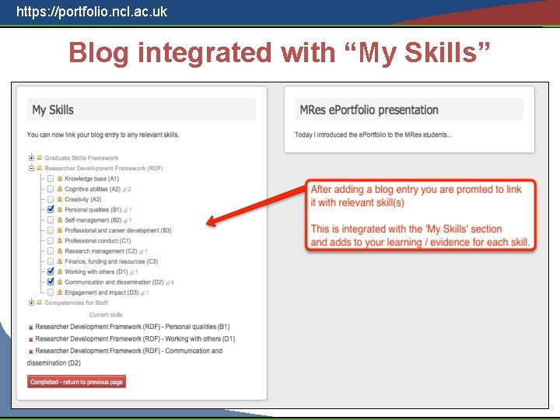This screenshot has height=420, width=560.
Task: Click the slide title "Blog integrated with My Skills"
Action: [280, 53]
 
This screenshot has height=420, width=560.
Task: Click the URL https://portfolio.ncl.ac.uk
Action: [92, 12]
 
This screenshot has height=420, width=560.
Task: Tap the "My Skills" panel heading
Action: [53, 110]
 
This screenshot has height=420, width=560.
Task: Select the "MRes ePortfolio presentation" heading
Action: [369, 110]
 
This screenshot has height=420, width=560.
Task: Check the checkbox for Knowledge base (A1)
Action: [51, 179]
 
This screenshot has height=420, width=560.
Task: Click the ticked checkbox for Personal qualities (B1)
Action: [51, 210]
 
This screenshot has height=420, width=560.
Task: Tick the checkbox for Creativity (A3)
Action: [51, 200]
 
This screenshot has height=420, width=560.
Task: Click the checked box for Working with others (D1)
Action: [51, 272]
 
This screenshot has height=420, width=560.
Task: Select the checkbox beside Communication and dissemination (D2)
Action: [51, 282]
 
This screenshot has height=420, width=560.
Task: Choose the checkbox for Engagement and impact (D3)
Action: [51, 292]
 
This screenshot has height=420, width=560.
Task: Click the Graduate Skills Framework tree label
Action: [81, 158]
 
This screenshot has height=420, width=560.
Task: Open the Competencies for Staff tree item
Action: [75, 303]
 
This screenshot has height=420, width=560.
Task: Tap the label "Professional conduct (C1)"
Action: [97, 241]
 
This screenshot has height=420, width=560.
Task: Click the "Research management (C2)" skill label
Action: [100, 251]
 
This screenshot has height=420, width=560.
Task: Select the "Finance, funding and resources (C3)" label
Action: [111, 261]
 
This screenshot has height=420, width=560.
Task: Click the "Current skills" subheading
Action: [106, 315]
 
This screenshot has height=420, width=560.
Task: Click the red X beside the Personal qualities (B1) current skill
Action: [31, 327]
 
